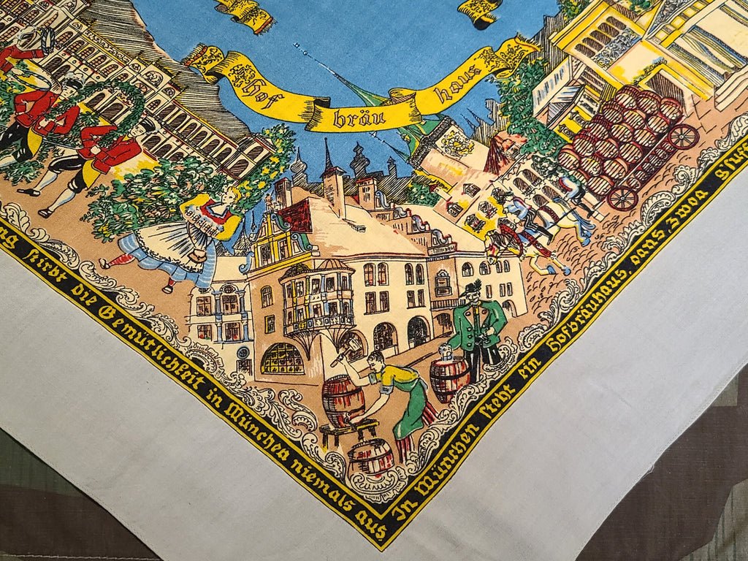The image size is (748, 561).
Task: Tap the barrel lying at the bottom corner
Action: pyautogui.click(x=370, y=457)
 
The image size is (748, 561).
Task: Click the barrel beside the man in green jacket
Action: pyautogui.click(x=449, y=378)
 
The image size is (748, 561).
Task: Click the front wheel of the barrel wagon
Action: pyautogui.click(x=622, y=197)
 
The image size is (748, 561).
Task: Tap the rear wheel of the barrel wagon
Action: pyautogui.click(x=683, y=137)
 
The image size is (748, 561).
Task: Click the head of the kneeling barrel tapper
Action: pyautogui.click(x=375, y=359)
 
